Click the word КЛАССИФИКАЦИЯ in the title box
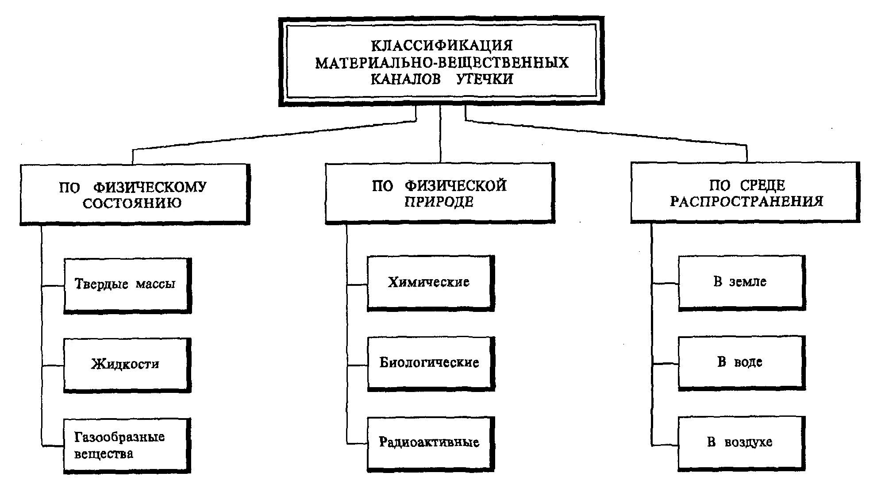point(441,46)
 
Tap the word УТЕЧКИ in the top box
point(485,79)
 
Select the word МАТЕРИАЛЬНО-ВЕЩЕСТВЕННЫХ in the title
point(441,62)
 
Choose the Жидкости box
point(127,365)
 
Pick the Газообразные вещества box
point(127,445)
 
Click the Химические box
point(430,283)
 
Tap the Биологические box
point(431,363)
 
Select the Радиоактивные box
point(430,443)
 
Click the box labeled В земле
point(741,282)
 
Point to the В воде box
point(741,362)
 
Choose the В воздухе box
point(741,442)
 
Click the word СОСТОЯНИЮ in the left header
point(132,204)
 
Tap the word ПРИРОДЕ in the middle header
point(439,202)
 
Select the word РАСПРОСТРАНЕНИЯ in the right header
point(746,202)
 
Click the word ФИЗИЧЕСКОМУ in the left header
point(150,187)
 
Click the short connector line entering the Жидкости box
point(53,365)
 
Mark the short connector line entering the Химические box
point(357,284)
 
